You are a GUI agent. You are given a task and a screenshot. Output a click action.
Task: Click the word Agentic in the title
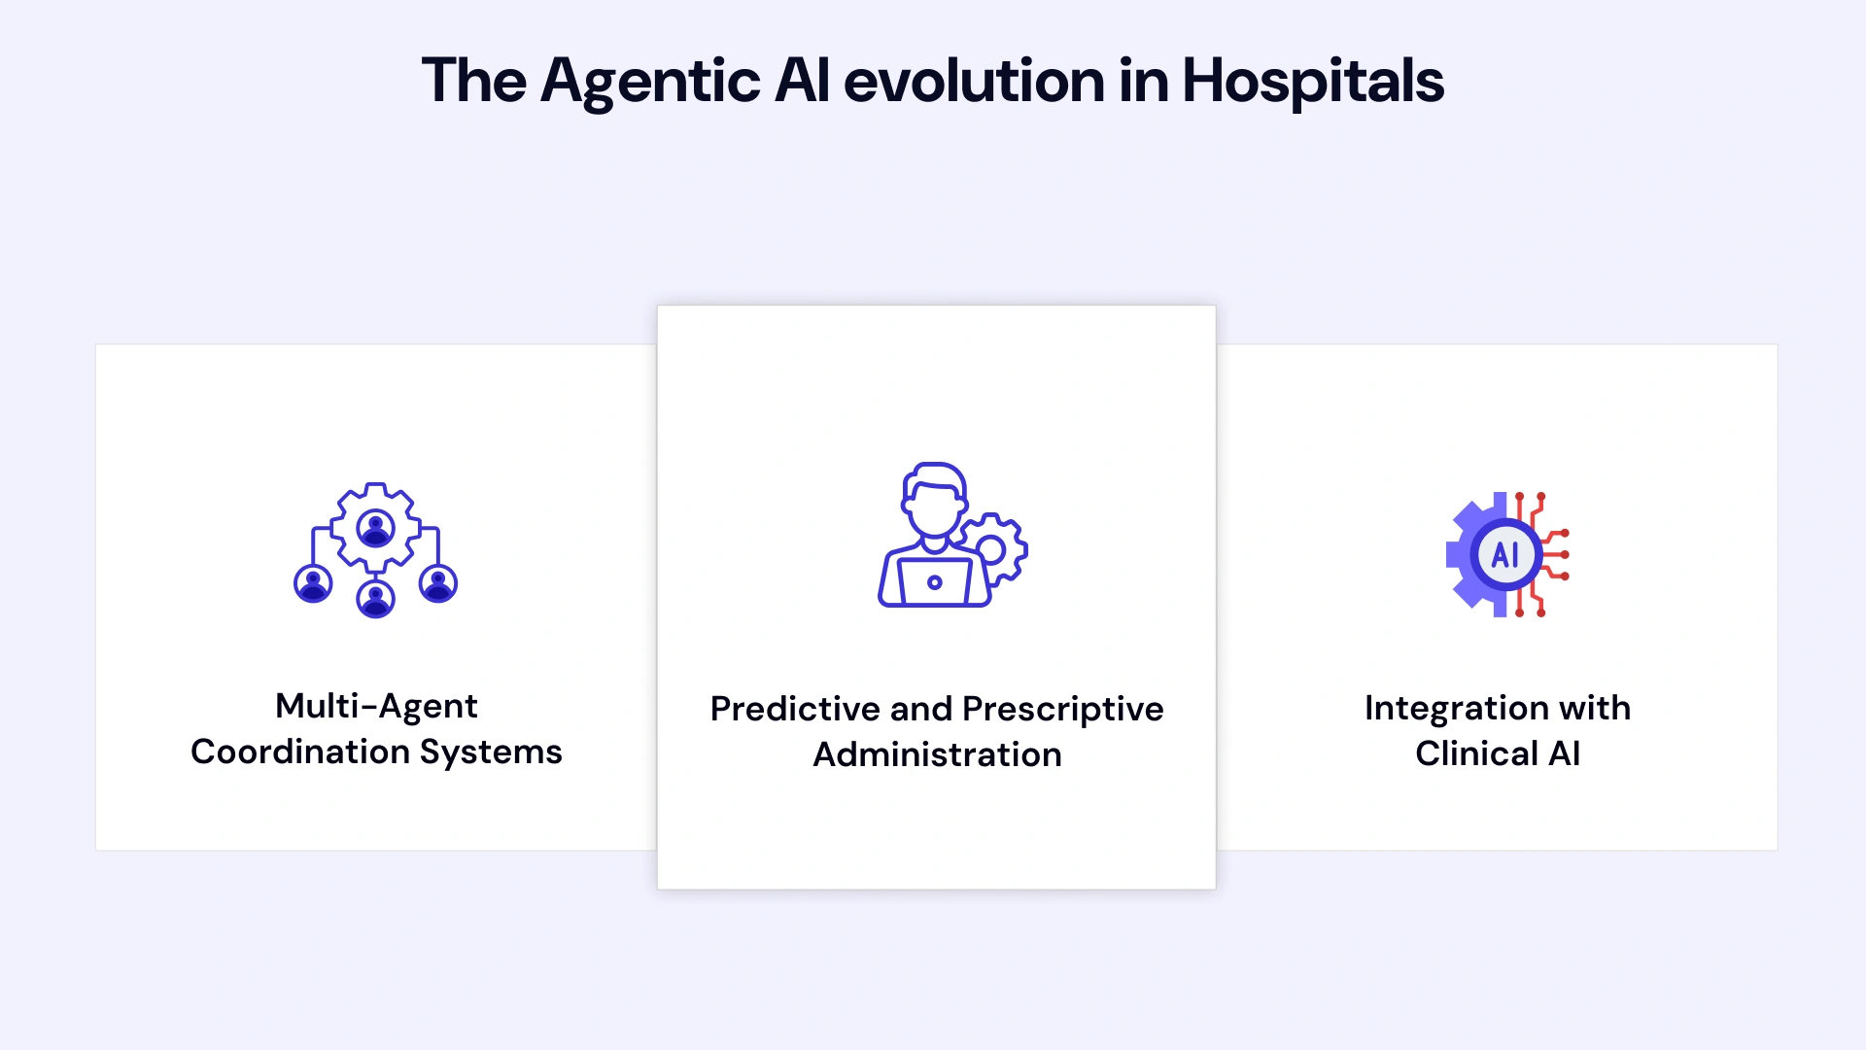click(x=649, y=81)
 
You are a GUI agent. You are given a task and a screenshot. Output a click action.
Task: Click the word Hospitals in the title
click(x=1312, y=81)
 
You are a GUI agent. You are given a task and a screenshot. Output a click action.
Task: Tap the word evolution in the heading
click(x=974, y=81)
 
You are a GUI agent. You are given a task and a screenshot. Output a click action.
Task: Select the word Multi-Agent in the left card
click(x=376, y=706)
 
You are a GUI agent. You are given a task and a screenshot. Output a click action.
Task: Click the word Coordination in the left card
click(x=299, y=752)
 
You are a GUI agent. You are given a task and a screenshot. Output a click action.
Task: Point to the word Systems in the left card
click(x=491, y=752)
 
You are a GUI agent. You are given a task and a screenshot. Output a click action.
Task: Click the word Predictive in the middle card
click(x=794, y=709)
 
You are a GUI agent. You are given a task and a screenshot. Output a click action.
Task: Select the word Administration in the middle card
click(x=937, y=754)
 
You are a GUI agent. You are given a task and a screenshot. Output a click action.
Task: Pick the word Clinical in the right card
click(x=1476, y=753)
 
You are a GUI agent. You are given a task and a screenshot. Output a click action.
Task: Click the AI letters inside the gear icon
click(x=1505, y=555)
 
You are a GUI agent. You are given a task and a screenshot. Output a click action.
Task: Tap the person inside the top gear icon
click(x=375, y=528)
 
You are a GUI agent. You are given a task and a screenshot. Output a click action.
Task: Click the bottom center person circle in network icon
click(x=375, y=598)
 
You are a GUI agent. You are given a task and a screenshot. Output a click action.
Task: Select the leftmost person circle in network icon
click(x=313, y=583)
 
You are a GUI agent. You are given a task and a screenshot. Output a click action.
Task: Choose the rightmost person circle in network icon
click(x=438, y=583)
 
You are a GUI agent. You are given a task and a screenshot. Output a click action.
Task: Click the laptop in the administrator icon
click(x=934, y=582)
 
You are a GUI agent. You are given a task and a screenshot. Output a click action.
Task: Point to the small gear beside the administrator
click(x=993, y=549)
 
